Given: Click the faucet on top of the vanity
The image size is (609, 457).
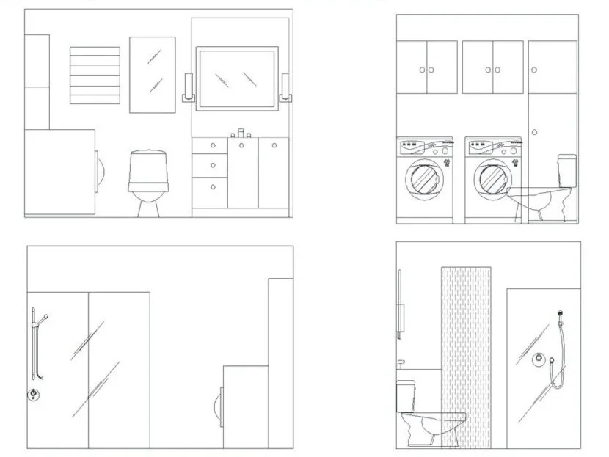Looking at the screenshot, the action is (241, 134).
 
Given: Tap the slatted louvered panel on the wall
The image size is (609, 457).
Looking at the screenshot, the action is (95, 76).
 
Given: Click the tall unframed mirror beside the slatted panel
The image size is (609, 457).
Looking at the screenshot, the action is (153, 75).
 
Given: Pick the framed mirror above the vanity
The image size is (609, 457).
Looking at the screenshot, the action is (237, 78).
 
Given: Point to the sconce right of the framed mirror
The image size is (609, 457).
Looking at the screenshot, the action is (285, 87).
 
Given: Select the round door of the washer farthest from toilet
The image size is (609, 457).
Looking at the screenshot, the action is (423, 178).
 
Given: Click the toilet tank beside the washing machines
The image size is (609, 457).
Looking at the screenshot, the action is (566, 170).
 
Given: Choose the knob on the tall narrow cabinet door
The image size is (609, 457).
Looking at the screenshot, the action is (535, 132).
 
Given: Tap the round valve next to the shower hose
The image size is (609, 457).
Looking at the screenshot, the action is (539, 359).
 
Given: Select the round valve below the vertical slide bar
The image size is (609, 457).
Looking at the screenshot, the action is (34, 394).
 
